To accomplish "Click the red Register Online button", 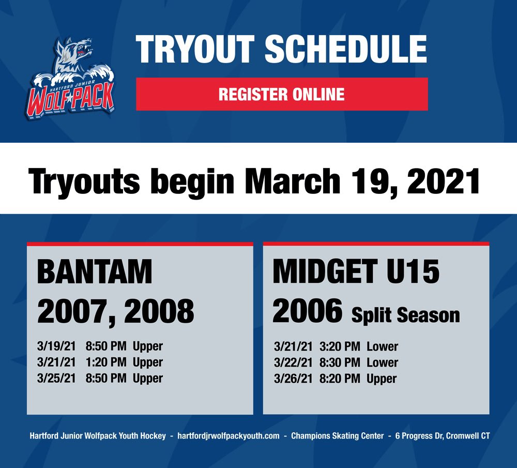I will click(x=282, y=94).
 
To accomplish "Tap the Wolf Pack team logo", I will click(x=70, y=78).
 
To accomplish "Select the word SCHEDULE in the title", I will click(x=346, y=50).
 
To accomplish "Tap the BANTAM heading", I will click(x=95, y=272).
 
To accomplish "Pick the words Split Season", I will click(x=405, y=315).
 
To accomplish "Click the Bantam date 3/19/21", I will click(x=56, y=346).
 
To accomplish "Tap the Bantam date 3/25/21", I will click(x=56, y=378).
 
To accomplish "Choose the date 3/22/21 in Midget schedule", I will click(x=293, y=363).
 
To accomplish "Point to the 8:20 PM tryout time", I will click(x=339, y=379).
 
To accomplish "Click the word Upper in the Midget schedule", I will click(x=382, y=379).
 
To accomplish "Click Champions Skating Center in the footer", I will click(x=333, y=436).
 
